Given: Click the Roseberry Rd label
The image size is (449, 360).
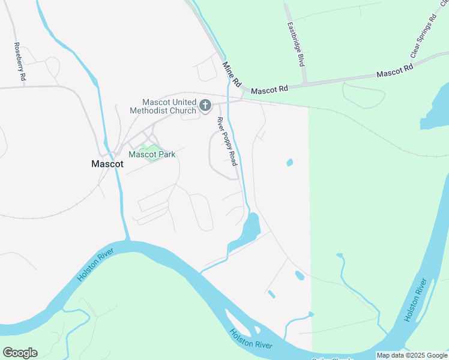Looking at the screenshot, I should (x=19, y=61).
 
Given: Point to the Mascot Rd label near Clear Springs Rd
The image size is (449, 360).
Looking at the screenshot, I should (x=395, y=71).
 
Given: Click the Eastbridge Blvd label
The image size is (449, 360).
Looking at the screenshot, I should (x=297, y=44).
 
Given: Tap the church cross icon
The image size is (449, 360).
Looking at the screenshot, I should (x=205, y=106).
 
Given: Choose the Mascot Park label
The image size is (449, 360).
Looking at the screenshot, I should (x=152, y=154).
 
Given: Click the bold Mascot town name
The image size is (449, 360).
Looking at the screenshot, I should (x=107, y=163).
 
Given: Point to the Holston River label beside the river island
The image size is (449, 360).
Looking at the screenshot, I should (x=250, y=341).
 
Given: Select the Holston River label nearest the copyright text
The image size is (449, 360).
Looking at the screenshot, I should (x=415, y=300).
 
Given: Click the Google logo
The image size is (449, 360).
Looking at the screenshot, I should (x=20, y=353).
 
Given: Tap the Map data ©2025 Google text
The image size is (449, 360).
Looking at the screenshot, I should (x=412, y=355).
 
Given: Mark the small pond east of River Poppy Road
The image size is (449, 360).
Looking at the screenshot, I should (x=290, y=163).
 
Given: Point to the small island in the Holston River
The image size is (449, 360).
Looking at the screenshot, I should (x=256, y=329).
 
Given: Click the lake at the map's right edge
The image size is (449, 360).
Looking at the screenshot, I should (x=437, y=111).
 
